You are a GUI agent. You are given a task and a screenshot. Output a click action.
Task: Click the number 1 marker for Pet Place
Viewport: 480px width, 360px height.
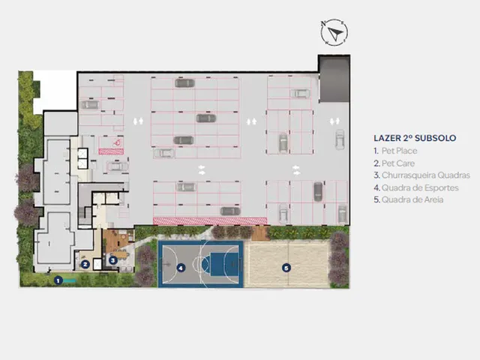(x=58, y=280)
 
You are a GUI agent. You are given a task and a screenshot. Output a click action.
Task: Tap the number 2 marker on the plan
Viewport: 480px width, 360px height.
(x=85, y=264)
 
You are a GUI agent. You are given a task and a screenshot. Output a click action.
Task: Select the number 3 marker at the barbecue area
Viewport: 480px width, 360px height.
(x=113, y=260)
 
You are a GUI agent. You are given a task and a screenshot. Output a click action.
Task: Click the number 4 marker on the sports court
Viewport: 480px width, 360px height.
(x=181, y=268)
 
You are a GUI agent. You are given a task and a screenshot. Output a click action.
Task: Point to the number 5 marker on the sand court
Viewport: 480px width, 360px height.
(x=286, y=268)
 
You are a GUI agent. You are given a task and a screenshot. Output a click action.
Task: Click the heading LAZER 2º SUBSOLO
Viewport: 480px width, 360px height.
(x=415, y=138)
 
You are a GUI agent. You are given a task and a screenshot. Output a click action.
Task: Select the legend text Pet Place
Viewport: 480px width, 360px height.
(x=399, y=151)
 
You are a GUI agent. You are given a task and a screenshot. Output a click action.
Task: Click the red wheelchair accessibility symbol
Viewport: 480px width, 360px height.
(x=117, y=142)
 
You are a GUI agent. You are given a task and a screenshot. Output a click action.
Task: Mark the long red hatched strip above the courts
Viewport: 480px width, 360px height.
(x=210, y=221)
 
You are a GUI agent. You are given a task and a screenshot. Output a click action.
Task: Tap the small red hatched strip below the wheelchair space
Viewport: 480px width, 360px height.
(x=111, y=151)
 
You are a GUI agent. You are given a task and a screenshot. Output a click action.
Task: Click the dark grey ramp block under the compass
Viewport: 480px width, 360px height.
(x=334, y=79)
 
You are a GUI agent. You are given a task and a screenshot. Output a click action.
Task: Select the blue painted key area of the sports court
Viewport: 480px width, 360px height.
(x=221, y=263)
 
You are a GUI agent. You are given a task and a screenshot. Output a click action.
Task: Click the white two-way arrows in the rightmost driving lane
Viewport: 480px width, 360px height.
(x=334, y=121)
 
